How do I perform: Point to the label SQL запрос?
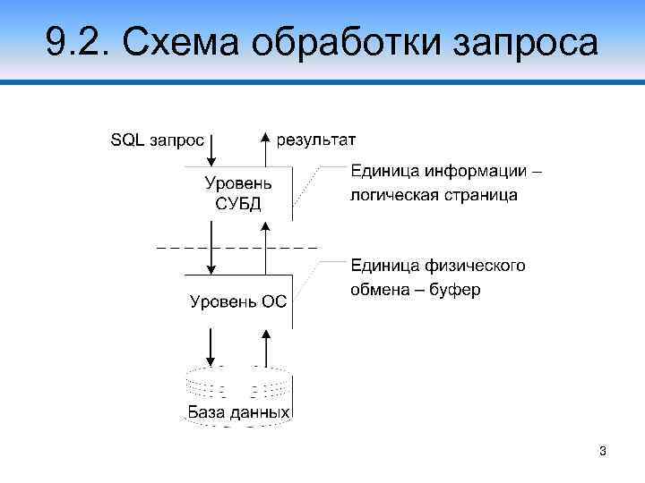[x=157, y=140]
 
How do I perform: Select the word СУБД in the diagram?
[x=237, y=202]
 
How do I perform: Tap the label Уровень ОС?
[x=238, y=301]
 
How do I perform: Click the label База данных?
[x=238, y=412]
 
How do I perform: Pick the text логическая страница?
[x=434, y=194]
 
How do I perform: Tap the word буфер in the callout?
[x=456, y=291]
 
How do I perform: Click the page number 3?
[x=603, y=452]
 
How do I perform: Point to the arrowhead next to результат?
[x=265, y=137]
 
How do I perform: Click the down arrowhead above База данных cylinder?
[x=211, y=358]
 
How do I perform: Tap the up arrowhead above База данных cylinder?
[x=265, y=333]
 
